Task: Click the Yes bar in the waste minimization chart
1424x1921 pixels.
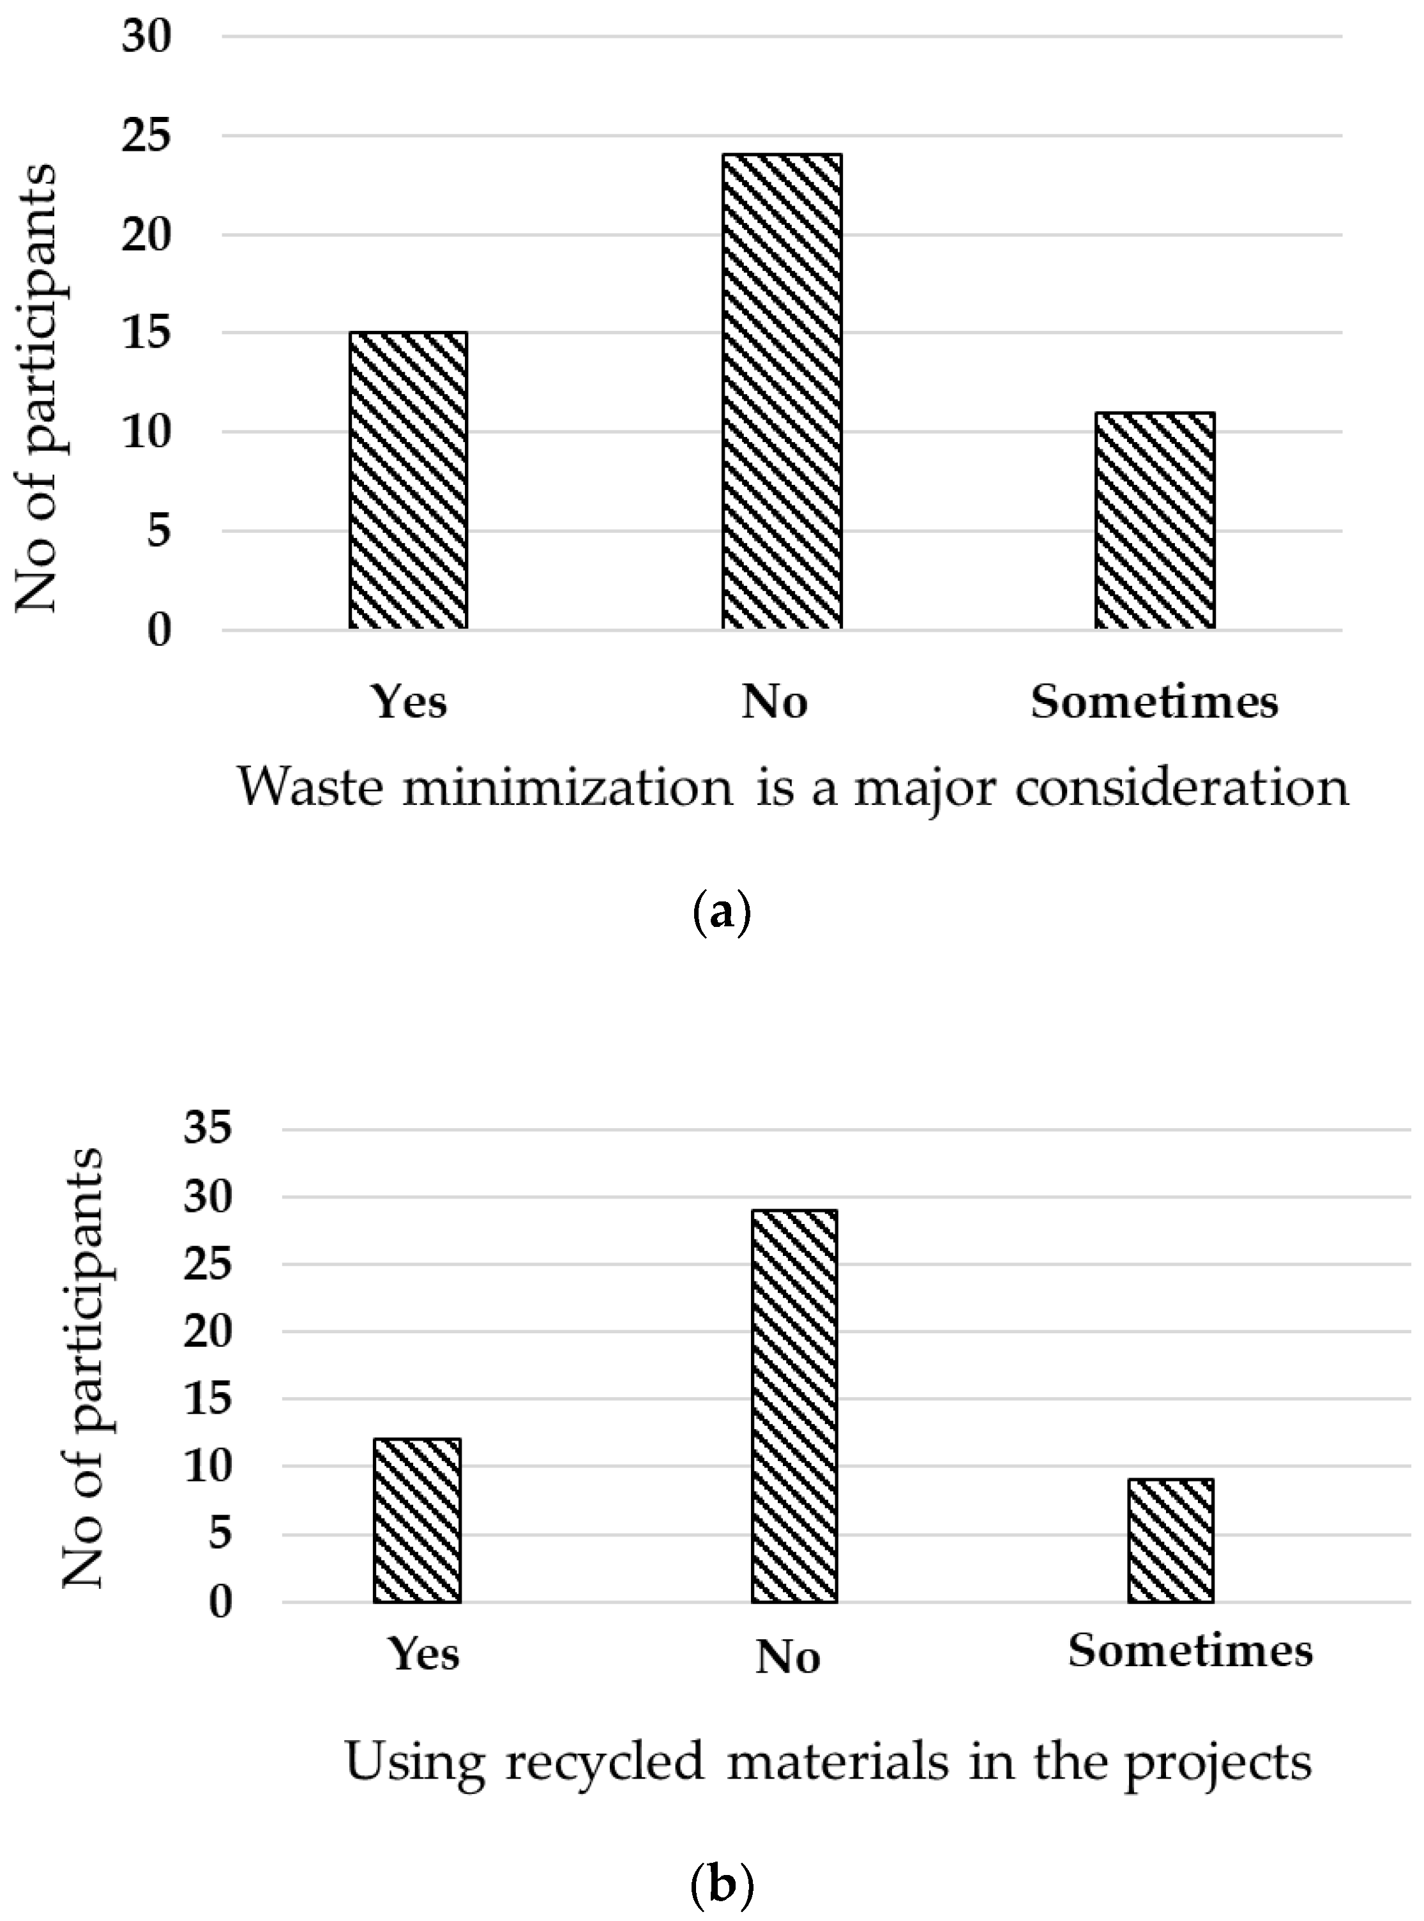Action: click(407, 480)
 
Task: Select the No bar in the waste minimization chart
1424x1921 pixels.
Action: click(782, 392)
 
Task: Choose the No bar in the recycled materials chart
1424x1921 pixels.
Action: click(794, 1405)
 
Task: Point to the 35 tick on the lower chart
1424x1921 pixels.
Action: click(208, 1127)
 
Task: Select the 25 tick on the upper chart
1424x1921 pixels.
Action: click(146, 136)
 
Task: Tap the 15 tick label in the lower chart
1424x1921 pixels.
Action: click(208, 1398)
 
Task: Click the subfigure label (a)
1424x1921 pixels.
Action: click(722, 912)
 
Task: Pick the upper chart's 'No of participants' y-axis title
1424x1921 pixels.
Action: click(36, 388)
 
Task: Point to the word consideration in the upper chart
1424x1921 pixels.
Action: click(1181, 786)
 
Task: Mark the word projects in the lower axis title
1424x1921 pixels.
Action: click(1218, 1763)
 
